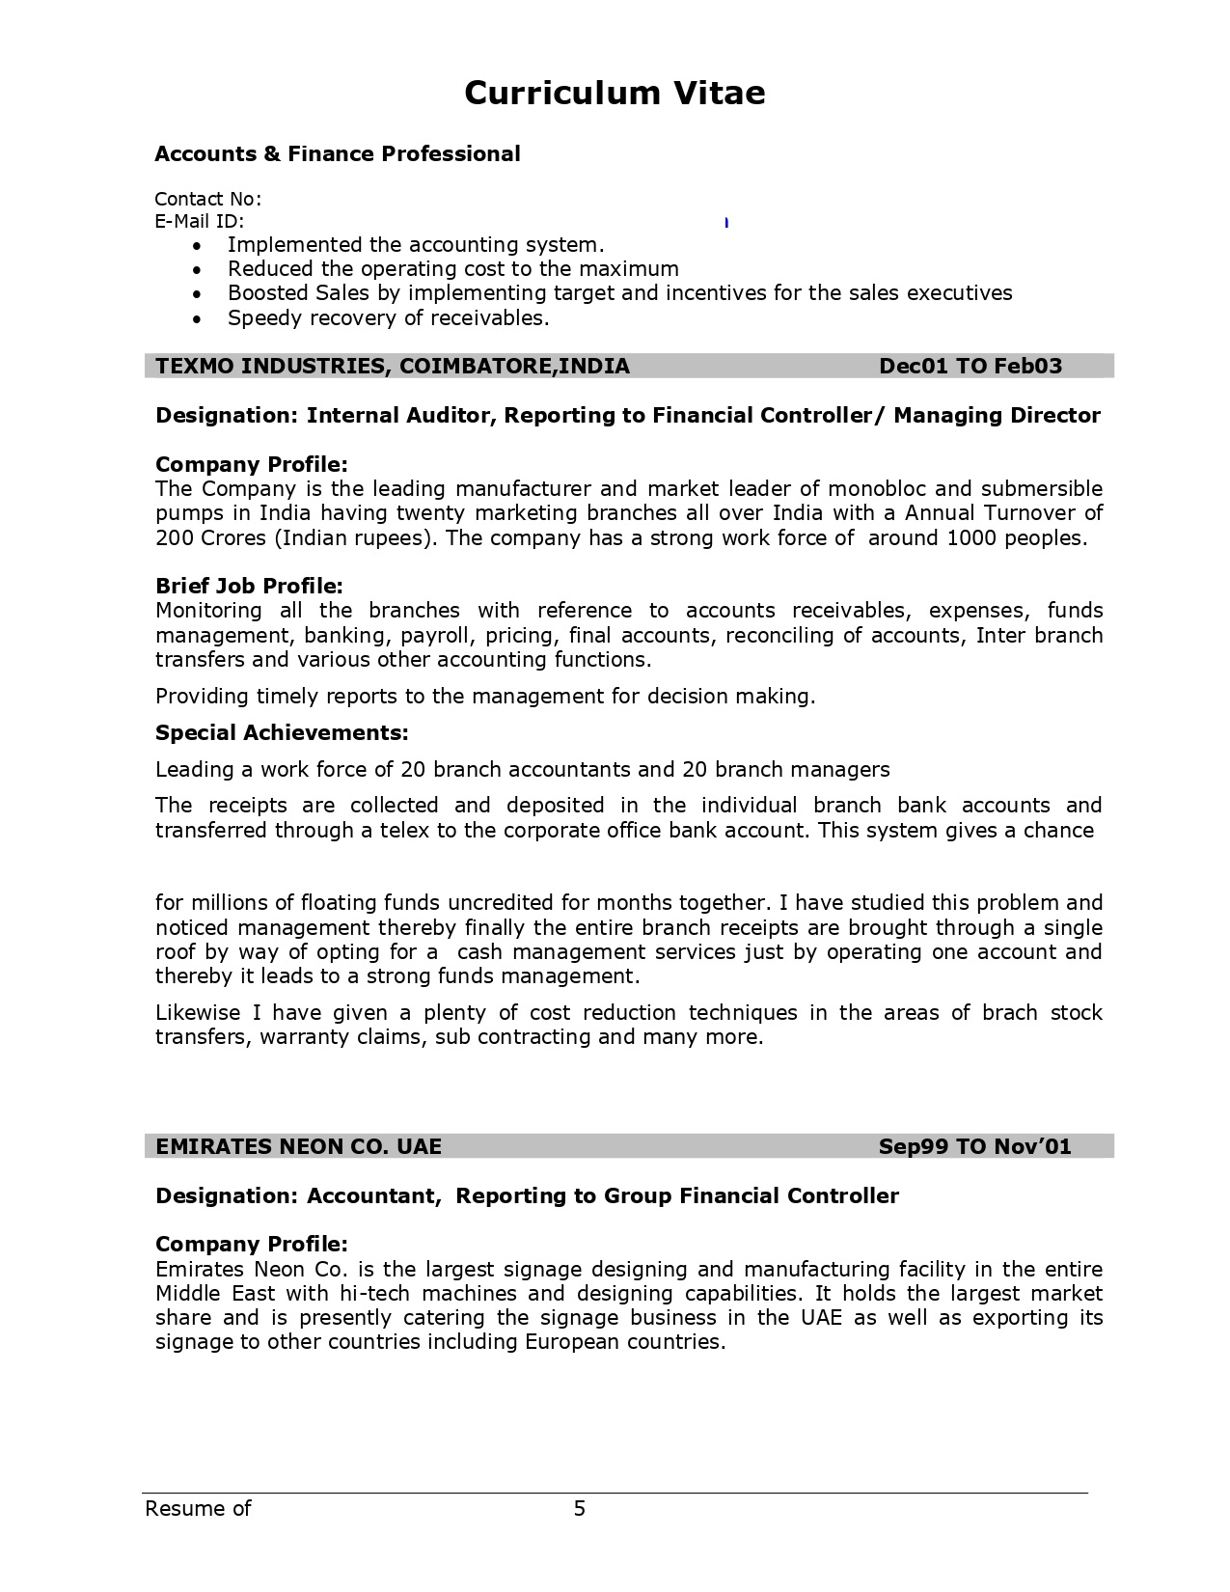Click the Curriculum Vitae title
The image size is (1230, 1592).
pyautogui.click(x=615, y=93)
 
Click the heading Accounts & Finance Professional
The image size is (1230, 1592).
pyautogui.click(x=338, y=154)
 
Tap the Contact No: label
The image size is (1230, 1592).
pyautogui.click(x=207, y=199)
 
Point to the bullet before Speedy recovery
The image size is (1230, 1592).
pyautogui.click(x=198, y=318)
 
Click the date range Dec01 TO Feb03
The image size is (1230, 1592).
pyautogui.click(x=970, y=366)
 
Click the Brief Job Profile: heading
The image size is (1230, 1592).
pyautogui.click(x=249, y=587)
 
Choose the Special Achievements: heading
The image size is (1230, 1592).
pyautogui.click(x=282, y=733)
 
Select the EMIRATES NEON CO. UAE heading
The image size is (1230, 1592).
pyautogui.click(x=298, y=1146)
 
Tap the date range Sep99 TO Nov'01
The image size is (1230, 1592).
pyautogui.click(x=974, y=1146)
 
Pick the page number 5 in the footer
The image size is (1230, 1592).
pyautogui.click(x=580, y=1508)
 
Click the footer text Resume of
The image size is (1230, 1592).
pyautogui.click(x=198, y=1508)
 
